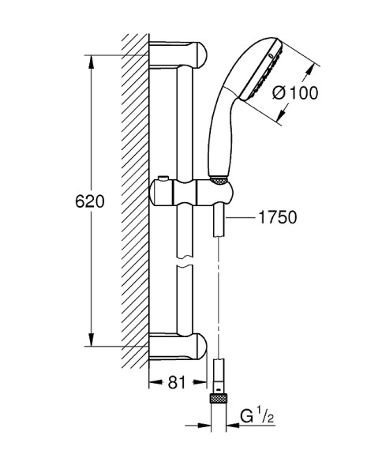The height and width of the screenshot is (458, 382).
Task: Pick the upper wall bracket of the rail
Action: [180, 58]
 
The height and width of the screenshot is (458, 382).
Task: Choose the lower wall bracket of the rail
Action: [180, 346]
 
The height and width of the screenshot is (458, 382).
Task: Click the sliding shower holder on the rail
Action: [193, 191]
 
